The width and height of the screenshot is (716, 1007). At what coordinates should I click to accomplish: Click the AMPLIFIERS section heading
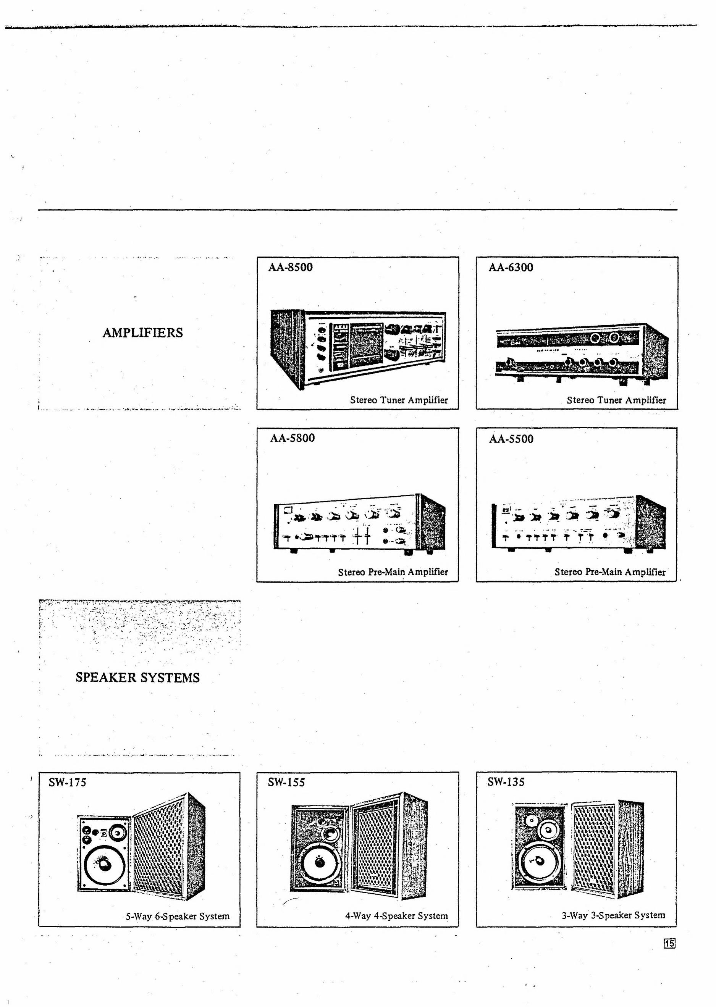click(x=142, y=333)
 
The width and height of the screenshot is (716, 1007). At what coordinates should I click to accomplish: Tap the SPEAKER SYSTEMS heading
click(x=137, y=677)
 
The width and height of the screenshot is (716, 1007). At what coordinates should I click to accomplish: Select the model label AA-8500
click(x=291, y=268)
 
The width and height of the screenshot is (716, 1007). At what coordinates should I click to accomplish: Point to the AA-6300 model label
click(x=511, y=268)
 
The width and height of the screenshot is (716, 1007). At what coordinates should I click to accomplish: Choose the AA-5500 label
click(x=511, y=439)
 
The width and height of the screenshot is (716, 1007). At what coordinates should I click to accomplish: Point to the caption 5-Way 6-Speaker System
click(x=178, y=916)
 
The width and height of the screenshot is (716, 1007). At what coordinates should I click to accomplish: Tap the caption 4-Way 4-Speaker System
click(x=396, y=916)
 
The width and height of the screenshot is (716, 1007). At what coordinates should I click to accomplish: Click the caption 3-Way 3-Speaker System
click(x=613, y=915)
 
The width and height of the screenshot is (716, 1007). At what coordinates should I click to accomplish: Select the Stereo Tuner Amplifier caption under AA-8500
click(x=399, y=400)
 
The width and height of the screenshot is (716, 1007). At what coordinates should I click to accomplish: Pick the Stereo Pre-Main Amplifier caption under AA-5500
click(x=610, y=572)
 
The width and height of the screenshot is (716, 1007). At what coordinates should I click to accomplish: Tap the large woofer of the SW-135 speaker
click(x=540, y=862)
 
